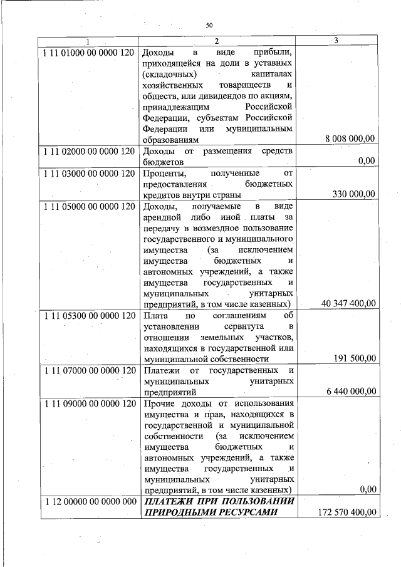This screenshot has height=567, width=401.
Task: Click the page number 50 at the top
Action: coord(209,26)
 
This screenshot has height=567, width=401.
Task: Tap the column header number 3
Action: coord(336,41)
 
